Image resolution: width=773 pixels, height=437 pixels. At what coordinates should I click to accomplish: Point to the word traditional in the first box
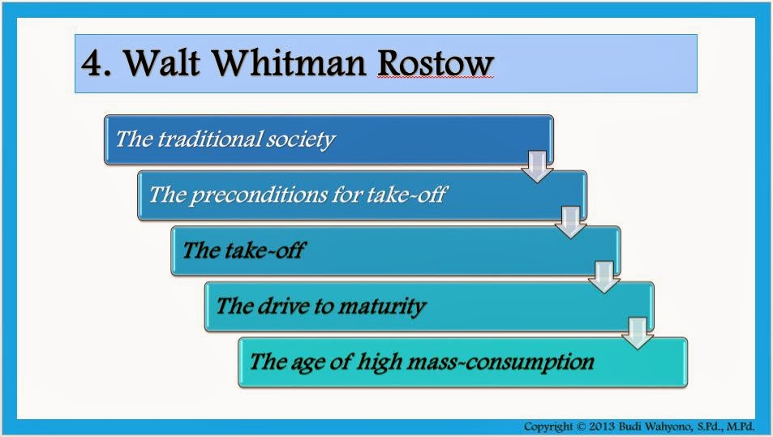(x=208, y=139)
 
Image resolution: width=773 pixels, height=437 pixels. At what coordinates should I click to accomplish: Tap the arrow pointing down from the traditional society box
(x=536, y=166)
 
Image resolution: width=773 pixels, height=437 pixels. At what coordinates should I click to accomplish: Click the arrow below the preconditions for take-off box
(x=570, y=221)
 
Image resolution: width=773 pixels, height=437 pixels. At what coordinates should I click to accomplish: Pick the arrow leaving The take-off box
(x=603, y=276)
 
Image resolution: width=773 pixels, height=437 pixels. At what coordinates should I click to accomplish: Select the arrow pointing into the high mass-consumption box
(x=638, y=332)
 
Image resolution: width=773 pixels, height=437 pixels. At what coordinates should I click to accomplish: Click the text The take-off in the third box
(x=243, y=250)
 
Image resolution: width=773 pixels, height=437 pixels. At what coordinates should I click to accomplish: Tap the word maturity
(x=383, y=306)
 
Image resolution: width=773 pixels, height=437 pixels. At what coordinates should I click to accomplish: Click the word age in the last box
(x=313, y=361)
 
